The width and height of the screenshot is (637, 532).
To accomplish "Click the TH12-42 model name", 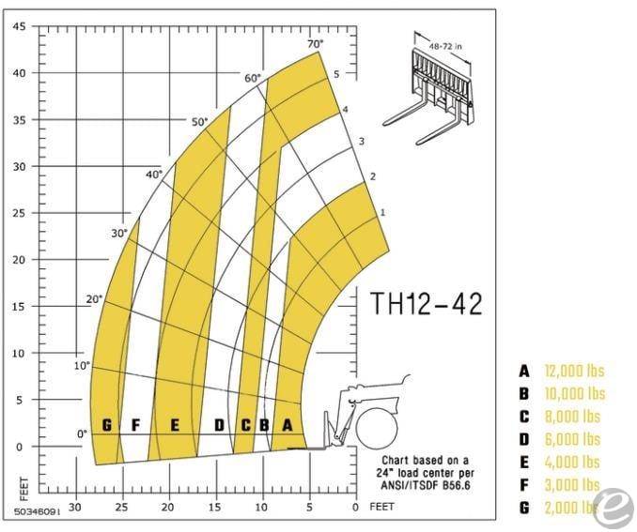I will point(426,304).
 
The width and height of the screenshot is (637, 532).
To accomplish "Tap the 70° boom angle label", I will point(314,43).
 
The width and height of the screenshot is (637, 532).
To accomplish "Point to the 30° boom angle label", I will point(118,233).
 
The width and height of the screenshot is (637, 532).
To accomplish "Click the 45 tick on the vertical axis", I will point(19,25).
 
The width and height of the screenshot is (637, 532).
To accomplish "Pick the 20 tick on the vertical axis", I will point(19,260).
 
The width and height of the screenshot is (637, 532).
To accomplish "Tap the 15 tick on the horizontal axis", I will point(214,508).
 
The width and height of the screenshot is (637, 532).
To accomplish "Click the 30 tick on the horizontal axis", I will point(74,508).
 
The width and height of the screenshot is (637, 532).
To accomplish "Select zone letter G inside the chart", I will point(106,426).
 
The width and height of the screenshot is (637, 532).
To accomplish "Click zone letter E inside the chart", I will point(174,426).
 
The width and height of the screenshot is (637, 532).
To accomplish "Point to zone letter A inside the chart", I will point(287,426).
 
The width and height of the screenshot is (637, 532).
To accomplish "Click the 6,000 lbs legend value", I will point(572,439).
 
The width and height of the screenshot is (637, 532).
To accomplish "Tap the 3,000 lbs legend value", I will point(572,485).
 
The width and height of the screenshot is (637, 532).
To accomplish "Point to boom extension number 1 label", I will point(381,213).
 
